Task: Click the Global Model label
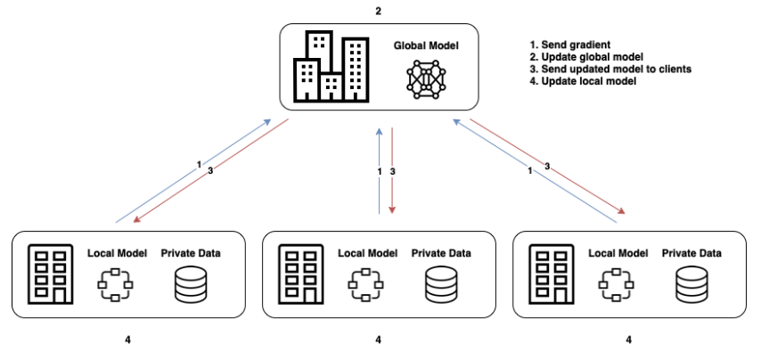(x=426, y=45)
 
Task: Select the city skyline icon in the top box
(x=331, y=67)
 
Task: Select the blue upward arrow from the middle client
(x=379, y=169)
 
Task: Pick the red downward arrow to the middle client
(x=393, y=169)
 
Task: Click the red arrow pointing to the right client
(x=548, y=165)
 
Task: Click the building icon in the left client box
(x=46, y=274)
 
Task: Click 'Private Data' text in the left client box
(x=191, y=253)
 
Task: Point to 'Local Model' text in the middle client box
(x=367, y=253)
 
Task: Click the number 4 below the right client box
(x=629, y=340)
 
